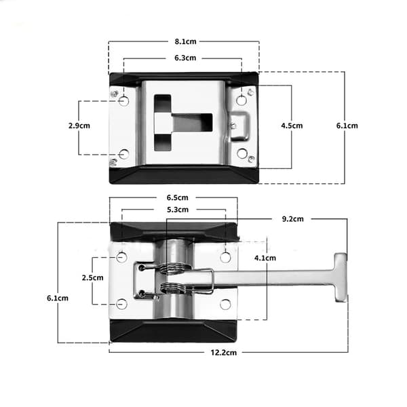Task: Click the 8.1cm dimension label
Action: [185, 41]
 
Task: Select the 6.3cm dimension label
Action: [185, 58]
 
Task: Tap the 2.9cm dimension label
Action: [79, 125]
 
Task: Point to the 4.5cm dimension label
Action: [292, 125]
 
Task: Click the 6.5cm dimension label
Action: [177, 198]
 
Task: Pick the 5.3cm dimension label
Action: [178, 210]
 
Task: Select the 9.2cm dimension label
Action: [292, 219]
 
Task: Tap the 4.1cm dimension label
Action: [265, 258]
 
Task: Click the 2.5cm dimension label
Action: [92, 277]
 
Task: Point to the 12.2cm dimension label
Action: [223, 353]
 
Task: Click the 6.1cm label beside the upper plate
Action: [347, 125]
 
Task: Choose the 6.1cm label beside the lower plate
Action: [58, 298]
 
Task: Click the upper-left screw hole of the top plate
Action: [124, 100]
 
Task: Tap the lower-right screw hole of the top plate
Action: [242, 153]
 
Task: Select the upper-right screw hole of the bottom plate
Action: [225, 258]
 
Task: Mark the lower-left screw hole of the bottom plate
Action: [121, 304]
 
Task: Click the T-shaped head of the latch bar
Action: [341, 277]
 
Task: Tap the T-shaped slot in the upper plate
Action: [183, 123]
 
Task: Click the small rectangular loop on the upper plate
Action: [240, 126]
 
